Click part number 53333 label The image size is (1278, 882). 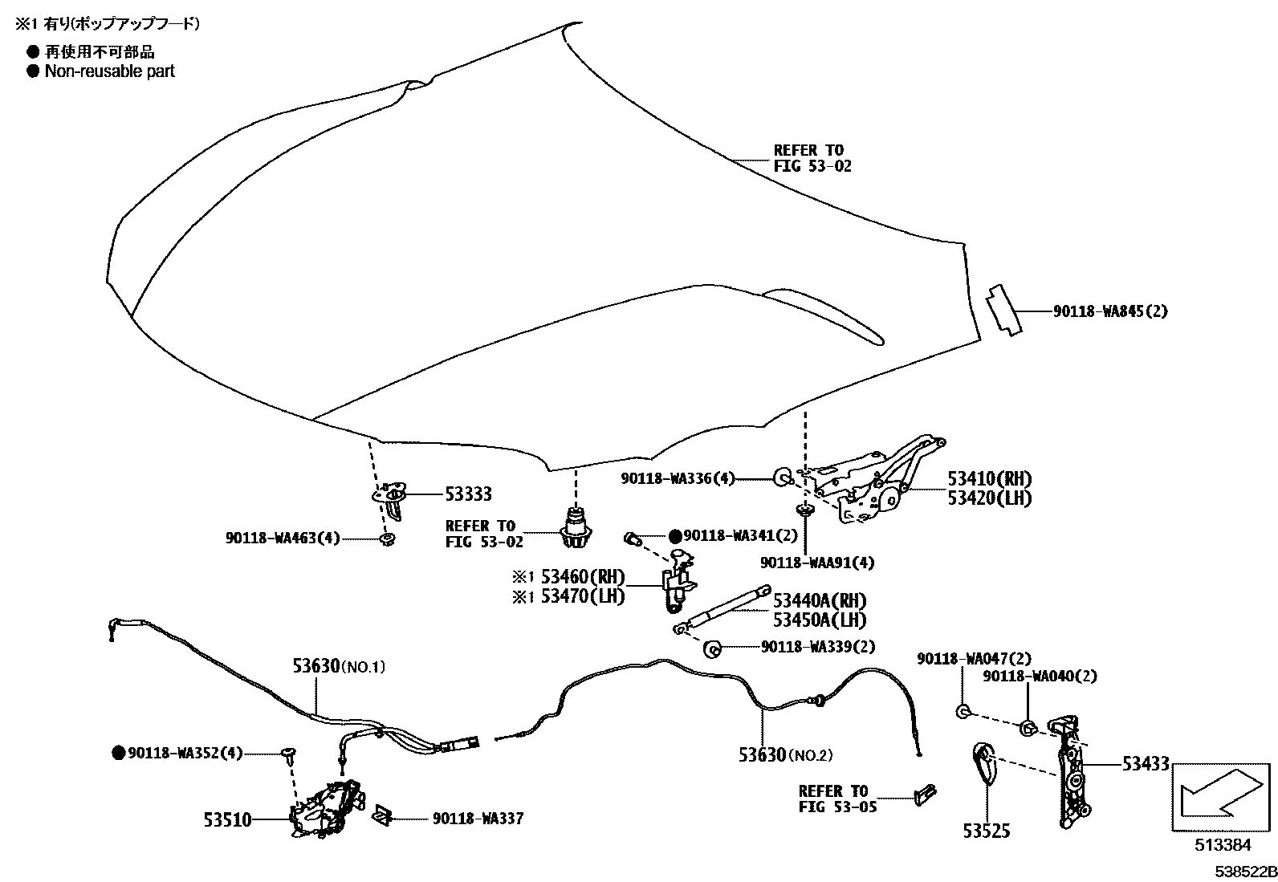(x=468, y=494)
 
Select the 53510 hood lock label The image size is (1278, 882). (x=228, y=820)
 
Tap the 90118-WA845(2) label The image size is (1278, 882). (x=1110, y=311)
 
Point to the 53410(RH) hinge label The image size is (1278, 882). (x=990, y=478)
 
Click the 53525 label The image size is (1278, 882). (x=987, y=831)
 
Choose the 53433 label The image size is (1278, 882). (x=1146, y=763)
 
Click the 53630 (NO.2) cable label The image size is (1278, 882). (x=786, y=754)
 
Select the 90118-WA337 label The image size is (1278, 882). (x=478, y=819)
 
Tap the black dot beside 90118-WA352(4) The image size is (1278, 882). (x=118, y=753)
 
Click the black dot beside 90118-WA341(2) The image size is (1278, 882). (x=675, y=536)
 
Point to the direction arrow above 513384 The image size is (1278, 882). (x=1222, y=794)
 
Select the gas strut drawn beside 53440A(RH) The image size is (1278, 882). (x=722, y=608)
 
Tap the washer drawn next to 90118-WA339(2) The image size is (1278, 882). (x=711, y=649)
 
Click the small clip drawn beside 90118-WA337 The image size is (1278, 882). (x=381, y=815)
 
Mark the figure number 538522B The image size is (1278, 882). (x=1246, y=872)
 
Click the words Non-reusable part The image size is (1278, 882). (x=109, y=71)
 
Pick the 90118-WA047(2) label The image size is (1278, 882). (x=974, y=658)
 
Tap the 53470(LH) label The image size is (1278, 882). (x=583, y=596)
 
